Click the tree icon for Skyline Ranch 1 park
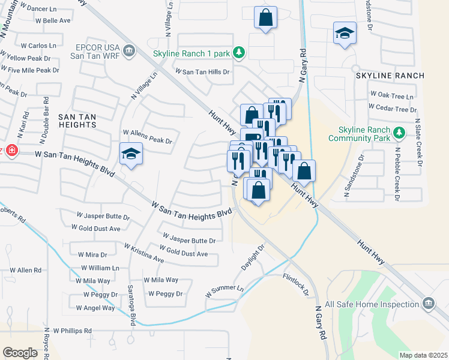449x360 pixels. click(239, 53)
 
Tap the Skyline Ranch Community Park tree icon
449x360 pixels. click(397, 131)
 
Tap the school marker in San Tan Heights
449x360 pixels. click(131, 154)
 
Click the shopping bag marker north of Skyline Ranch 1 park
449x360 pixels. click(265, 18)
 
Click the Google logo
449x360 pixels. click(20, 352)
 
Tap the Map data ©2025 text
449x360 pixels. click(423, 355)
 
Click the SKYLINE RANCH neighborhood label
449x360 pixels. click(390, 76)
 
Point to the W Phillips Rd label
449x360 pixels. click(72, 331)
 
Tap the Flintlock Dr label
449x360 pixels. click(296, 285)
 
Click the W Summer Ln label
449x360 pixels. click(224, 292)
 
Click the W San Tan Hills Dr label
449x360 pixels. click(202, 71)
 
